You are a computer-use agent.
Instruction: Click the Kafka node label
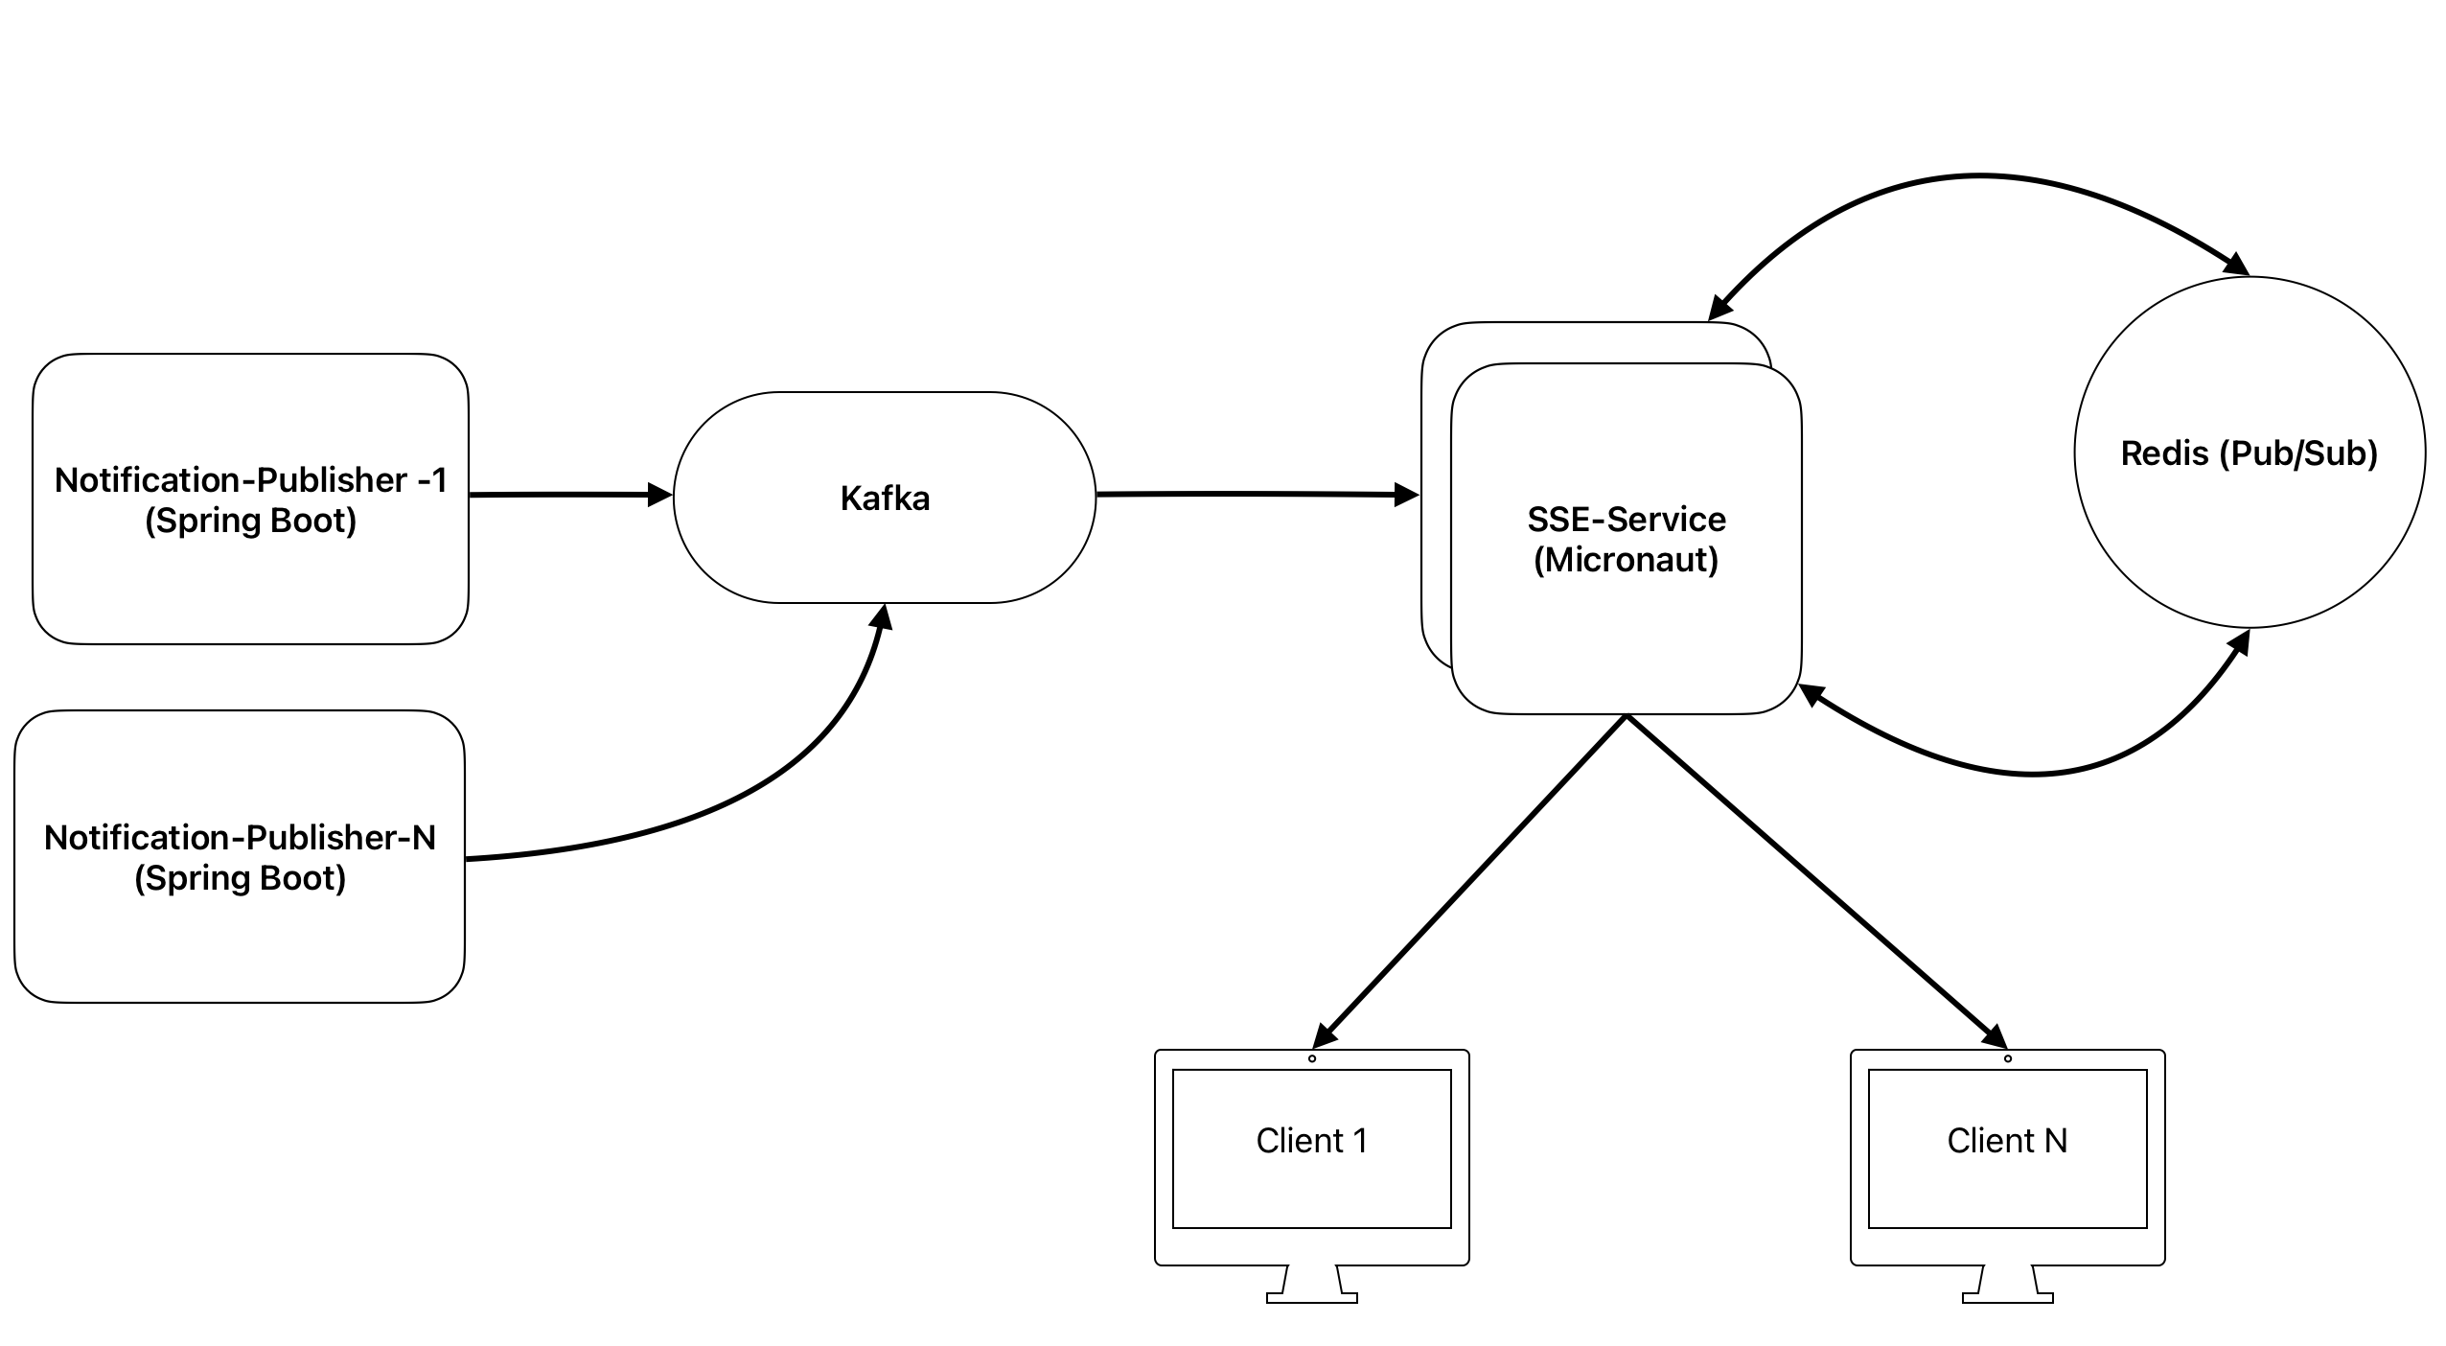point(885,499)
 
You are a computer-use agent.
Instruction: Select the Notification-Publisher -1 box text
point(251,499)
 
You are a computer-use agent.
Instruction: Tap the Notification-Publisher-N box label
point(240,857)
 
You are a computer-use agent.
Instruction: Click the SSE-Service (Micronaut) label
point(1627,539)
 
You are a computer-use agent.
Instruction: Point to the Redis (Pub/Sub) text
point(2249,453)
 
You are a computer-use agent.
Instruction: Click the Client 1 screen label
point(1311,1140)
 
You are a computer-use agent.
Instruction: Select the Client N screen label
point(2007,1140)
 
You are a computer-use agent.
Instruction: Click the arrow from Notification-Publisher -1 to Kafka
point(565,495)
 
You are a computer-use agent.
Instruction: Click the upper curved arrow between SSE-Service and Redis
point(1979,176)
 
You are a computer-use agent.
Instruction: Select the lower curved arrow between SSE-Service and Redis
point(2032,773)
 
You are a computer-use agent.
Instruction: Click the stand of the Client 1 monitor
point(1311,1285)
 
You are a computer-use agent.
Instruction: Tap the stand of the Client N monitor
point(2007,1285)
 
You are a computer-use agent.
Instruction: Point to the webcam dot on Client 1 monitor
point(1312,1058)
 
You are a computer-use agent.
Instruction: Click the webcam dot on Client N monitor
point(2008,1058)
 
